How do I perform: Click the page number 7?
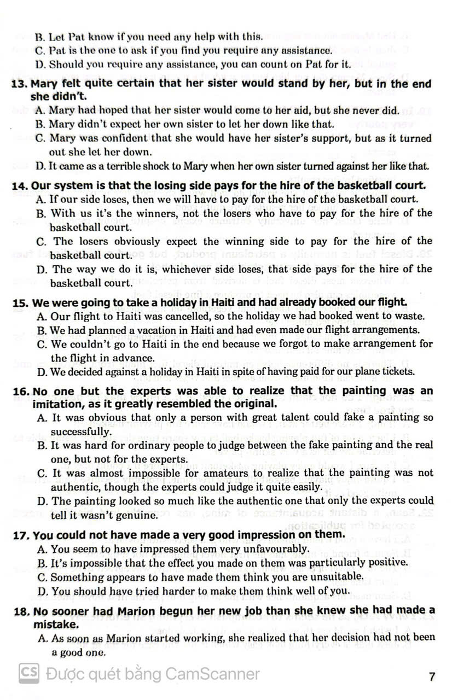point(432,676)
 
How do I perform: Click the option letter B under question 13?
point(40,124)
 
